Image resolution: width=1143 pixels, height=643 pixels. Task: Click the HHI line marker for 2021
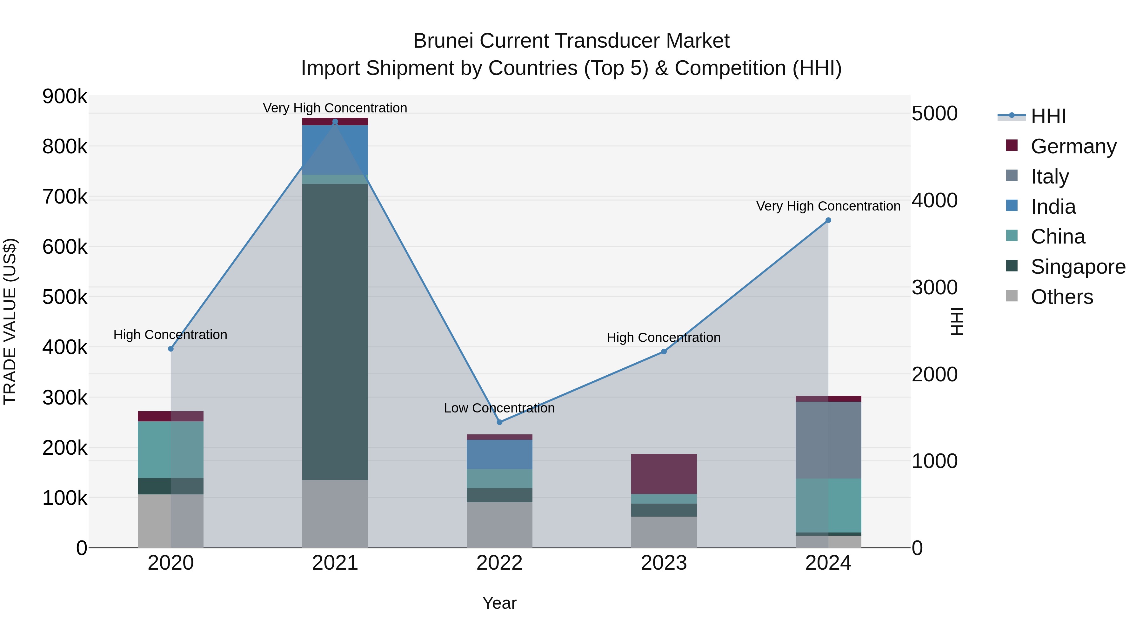pyautogui.click(x=335, y=122)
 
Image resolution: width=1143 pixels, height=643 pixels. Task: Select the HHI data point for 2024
pyautogui.click(x=828, y=220)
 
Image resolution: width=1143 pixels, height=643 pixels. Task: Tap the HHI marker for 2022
pyautogui.click(x=499, y=422)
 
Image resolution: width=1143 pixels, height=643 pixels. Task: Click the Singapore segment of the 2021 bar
pyautogui.click(x=335, y=332)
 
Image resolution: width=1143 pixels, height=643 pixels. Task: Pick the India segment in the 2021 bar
pyautogui.click(x=335, y=150)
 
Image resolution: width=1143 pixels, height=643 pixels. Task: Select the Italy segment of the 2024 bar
pyautogui.click(x=828, y=440)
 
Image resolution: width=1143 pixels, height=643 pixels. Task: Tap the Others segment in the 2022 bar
pyautogui.click(x=499, y=525)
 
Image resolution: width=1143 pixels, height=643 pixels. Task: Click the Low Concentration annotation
pyautogui.click(x=499, y=408)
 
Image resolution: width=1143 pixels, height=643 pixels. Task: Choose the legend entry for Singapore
pyautogui.click(x=1078, y=267)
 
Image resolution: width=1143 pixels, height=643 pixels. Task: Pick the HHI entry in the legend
pyautogui.click(x=1048, y=116)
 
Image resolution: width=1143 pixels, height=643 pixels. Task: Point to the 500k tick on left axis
pyautogui.click(x=65, y=297)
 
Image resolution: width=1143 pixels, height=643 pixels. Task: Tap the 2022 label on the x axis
pyautogui.click(x=499, y=563)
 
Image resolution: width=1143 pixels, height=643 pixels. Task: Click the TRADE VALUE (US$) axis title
pyautogui.click(x=10, y=321)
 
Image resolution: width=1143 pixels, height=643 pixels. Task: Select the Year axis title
pyautogui.click(x=499, y=603)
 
